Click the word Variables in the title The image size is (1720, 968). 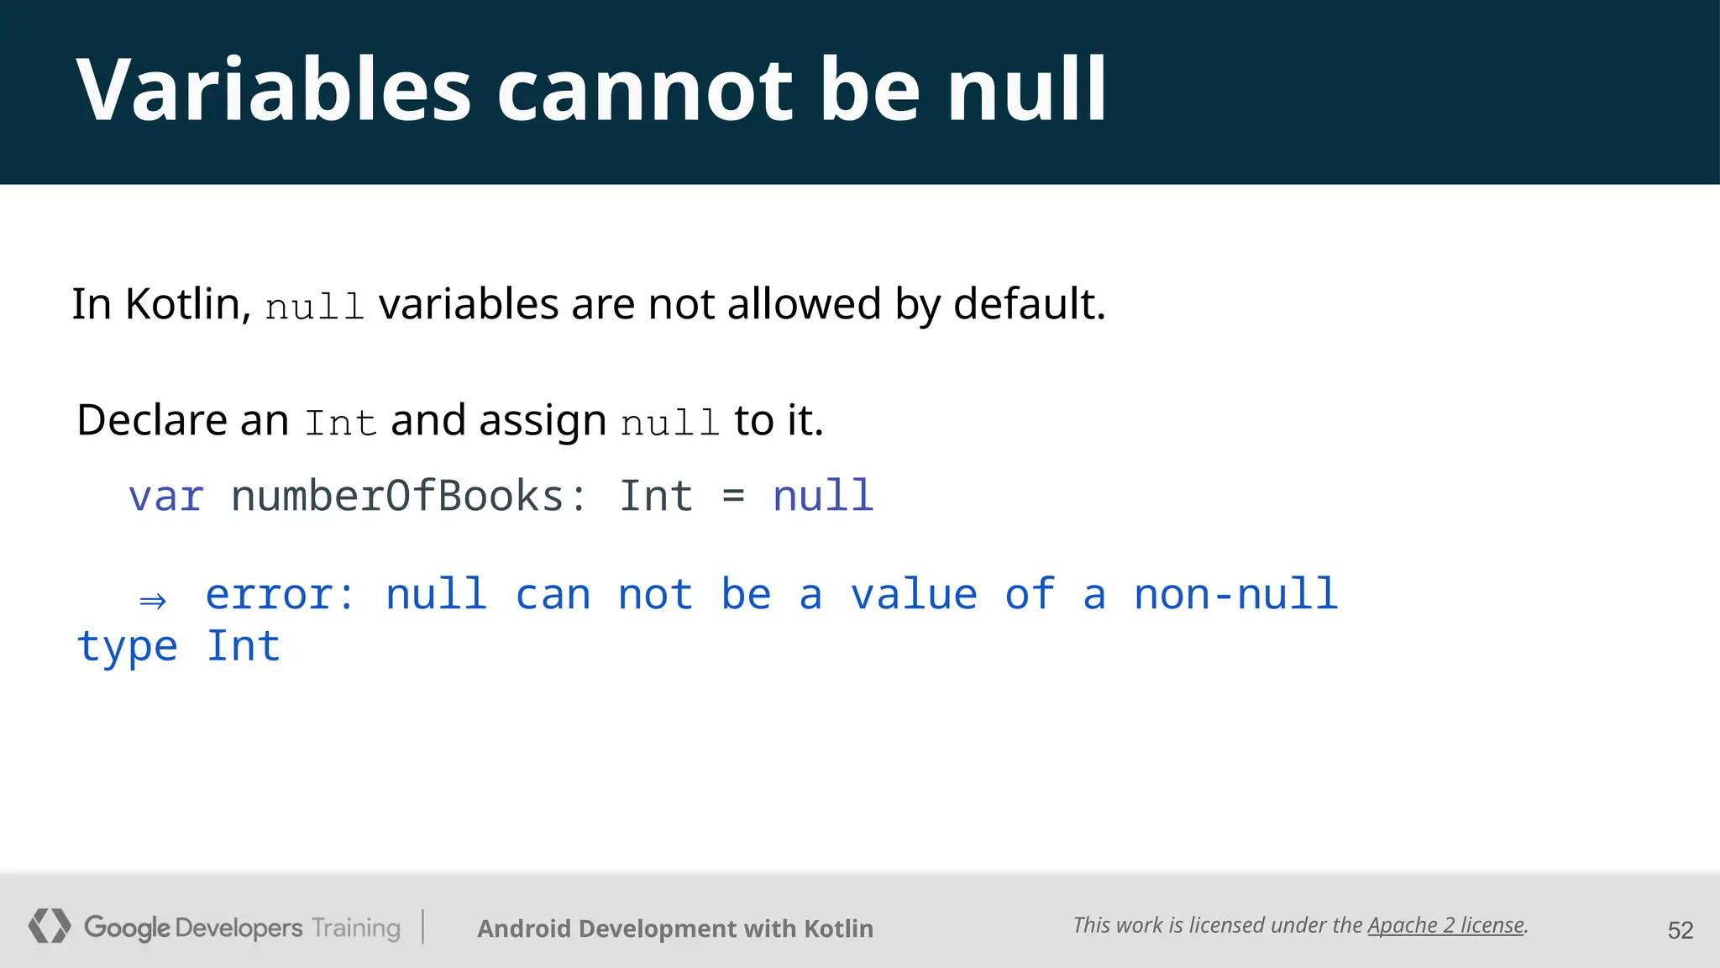pyautogui.click(x=274, y=90)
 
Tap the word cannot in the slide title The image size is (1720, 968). pyautogui.click(x=645, y=90)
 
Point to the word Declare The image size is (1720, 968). pyautogui.click(x=152, y=420)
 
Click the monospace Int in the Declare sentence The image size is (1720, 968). pyautogui.click(x=340, y=423)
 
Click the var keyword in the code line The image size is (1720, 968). pyautogui.click(x=166, y=496)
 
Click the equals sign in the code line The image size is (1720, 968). pyautogui.click(x=733, y=496)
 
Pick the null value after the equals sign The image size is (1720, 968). pyautogui.click(x=823, y=496)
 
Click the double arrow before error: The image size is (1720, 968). pyautogui.click(x=153, y=600)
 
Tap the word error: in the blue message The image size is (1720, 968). pyautogui.click(x=281, y=595)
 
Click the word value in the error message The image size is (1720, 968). pyautogui.click(x=914, y=595)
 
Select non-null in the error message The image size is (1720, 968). pyautogui.click(x=1235, y=595)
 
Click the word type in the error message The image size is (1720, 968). pyautogui.click(x=127, y=647)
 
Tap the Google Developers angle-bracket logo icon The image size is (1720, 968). pyautogui.click(x=50, y=926)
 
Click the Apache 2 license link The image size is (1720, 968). pyautogui.click(x=1445, y=925)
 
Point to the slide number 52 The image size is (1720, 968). pyautogui.click(x=1680, y=930)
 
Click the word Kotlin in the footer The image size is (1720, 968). pyautogui.click(x=838, y=929)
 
